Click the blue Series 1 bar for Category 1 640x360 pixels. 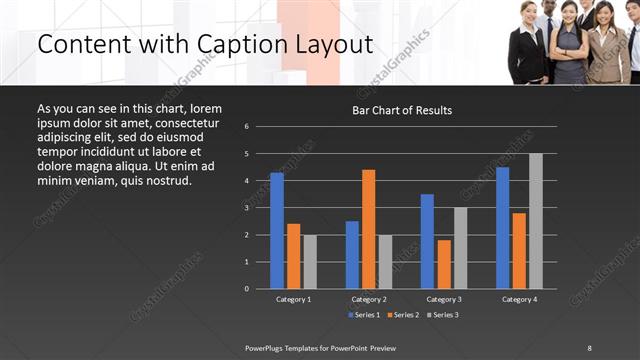pyautogui.click(x=277, y=231)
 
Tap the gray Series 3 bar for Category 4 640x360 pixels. pyautogui.click(x=536, y=221)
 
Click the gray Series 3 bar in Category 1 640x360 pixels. pyautogui.click(x=310, y=262)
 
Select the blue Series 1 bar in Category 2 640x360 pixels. pyautogui.click(x=352, y=255)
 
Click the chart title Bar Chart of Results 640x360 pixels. pyautogui.click(x=402, y=110)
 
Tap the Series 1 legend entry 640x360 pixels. pyautogui.click(x=362, y=314)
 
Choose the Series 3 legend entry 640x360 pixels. pyautogui.click(x=443, y=314)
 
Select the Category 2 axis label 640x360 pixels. pyautogui.click(x=369, y=299)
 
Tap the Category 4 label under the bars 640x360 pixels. pyautogui.click(x=518, y=299)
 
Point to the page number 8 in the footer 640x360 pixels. pyautogui.click(x=589, y=347)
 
